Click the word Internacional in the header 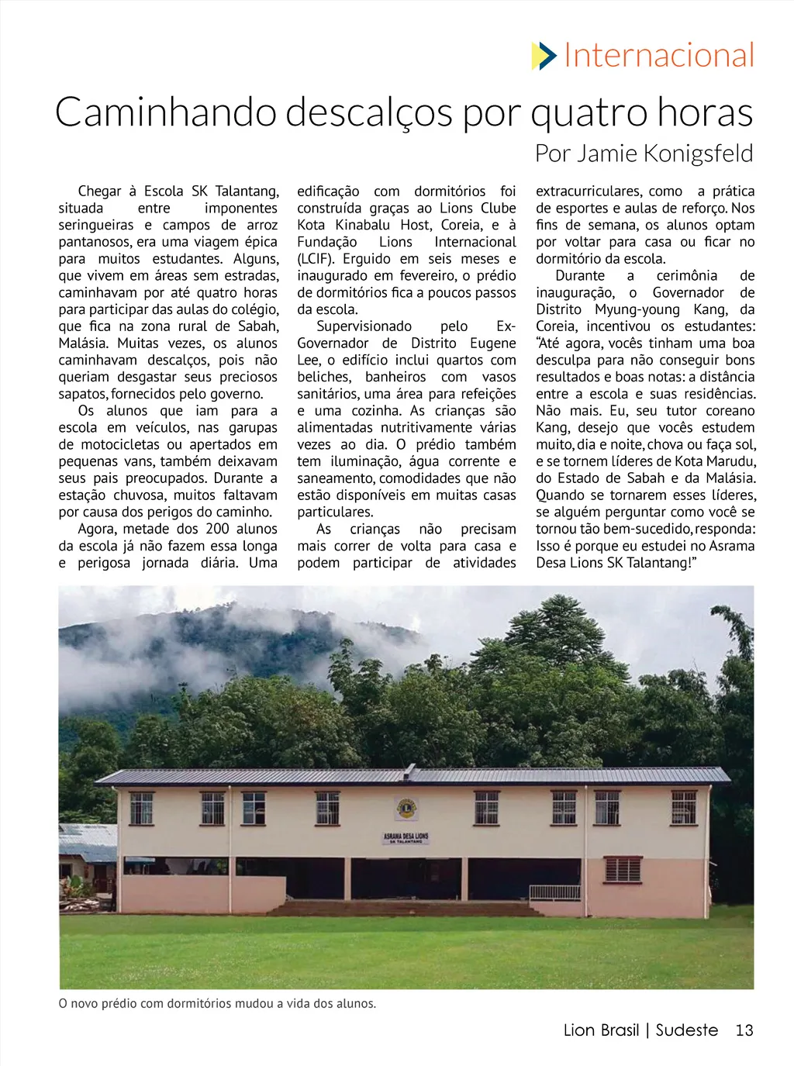click(x=659, y=56)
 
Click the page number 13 click(x=744, y=1030)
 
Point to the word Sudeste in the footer click(x=687, y=1030)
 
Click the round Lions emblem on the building click(x=406, y=809)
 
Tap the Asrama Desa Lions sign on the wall click(x=406, y=838)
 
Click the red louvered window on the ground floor click(x=623, y=869)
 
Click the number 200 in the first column click(x=217, y=529)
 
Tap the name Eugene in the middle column click(x=492, y=343)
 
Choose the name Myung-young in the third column click(x=637, y=309)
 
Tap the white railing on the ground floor click(x=554, y=892)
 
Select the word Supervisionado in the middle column click(x=364, y=326)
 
